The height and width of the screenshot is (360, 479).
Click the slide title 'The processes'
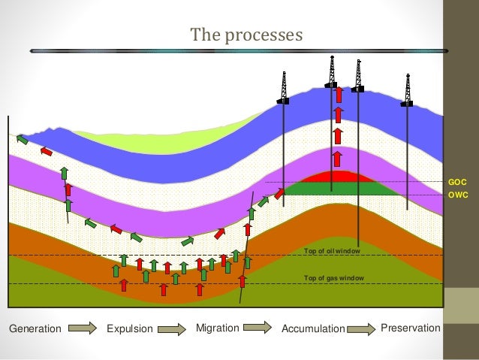pos(246,35)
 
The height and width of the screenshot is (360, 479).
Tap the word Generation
pos(35,328)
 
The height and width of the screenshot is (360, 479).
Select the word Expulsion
pos(129,328)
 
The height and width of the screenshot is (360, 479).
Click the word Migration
pos(217,328)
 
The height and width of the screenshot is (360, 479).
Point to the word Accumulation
pos(312,328)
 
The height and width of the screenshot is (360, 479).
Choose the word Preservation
pos(410,328)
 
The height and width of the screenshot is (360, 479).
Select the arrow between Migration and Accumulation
pos(258,328)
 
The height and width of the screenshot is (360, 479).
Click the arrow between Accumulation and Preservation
pos(361,328)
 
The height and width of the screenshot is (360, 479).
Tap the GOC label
pos(456,182)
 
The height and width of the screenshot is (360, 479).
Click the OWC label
pos(457,195)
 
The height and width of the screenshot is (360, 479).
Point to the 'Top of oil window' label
pos(333,250)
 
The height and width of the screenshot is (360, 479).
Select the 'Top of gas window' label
pos(333,278)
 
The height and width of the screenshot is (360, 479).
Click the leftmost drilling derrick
pos(283,88)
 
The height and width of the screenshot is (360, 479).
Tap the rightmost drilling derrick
pos(407,90)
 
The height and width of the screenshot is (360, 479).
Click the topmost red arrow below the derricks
pos(339,95)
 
